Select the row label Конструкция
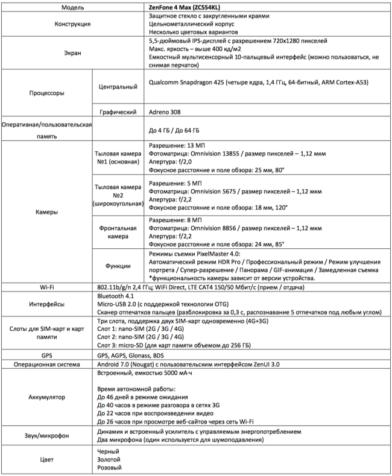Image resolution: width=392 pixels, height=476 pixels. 47,23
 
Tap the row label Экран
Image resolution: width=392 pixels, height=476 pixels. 47,53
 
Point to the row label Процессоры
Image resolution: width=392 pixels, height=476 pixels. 47,93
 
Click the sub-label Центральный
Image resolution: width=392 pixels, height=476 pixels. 118,87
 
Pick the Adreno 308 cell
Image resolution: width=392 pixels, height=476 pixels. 164,112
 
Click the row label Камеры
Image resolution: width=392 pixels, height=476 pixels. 47,212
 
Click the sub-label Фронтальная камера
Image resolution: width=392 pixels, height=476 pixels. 118,232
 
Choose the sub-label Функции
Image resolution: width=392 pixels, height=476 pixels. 118,266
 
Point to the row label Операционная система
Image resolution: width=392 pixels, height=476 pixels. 47,365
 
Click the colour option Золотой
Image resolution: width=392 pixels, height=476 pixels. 109,459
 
